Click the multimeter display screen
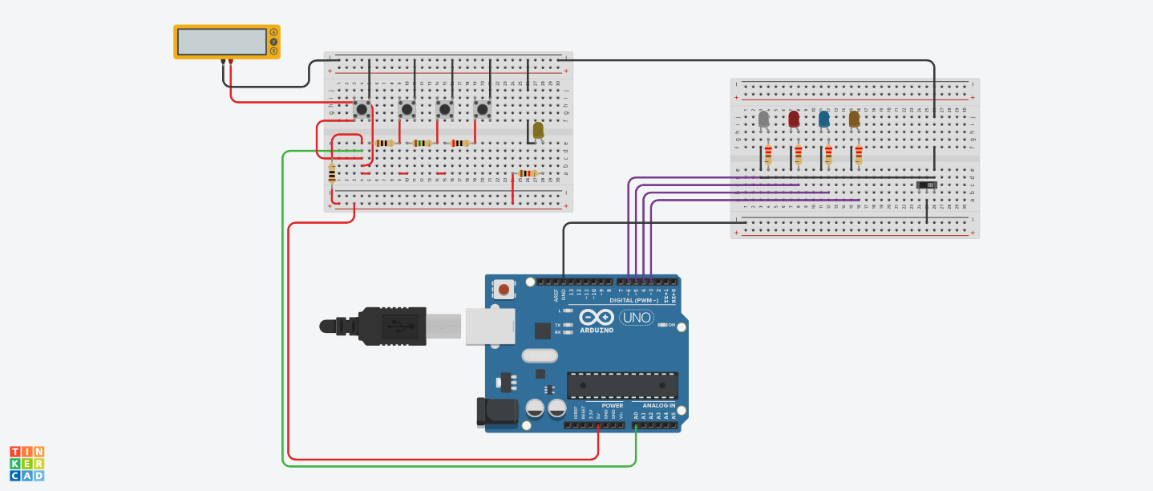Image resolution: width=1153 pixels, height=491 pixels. (x=222, y=41)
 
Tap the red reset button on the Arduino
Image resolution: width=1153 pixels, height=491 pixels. (x=504, y=290)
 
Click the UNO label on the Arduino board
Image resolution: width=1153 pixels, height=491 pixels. (x=636, y=318)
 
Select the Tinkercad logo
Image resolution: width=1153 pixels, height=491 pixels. (x=26, y=464)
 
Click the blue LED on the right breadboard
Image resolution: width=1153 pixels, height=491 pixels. (x=823, y=120)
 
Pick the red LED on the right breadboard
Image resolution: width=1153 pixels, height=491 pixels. (x=794, y=119)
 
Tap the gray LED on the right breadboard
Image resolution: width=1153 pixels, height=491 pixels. (x=764, y=120)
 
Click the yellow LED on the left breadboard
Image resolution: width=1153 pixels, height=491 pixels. (x=538, y=129)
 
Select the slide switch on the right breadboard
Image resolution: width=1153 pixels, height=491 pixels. (x=926, y=185)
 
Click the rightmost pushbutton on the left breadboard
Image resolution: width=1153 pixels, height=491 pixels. (x=482, y=108)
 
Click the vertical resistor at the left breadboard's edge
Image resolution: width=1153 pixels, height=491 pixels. (x=332, y=173)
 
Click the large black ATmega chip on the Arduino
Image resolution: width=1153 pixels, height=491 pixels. (x=622, y=385)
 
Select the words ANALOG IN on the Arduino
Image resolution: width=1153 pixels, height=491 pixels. (x=658, y=405)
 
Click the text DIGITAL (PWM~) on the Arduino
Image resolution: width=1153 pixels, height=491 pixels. (x=633, y=300)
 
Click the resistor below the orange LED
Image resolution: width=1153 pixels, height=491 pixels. (x=858, y=154)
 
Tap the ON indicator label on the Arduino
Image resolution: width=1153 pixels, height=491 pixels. (x=672, y=324)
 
